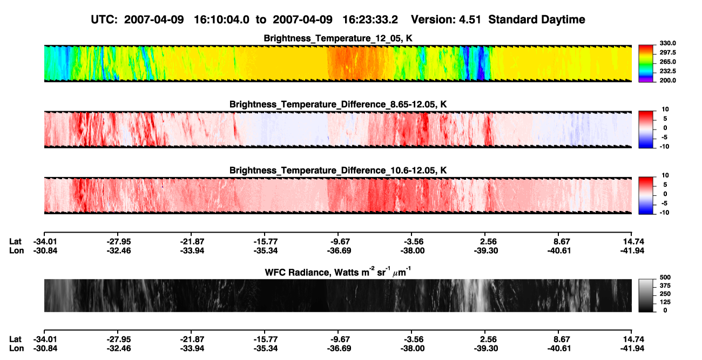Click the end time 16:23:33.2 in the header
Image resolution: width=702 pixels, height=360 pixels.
pos(370,20)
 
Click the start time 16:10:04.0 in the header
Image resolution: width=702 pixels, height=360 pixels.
pos(221,20)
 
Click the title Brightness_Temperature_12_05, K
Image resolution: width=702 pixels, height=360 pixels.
pos(338,38)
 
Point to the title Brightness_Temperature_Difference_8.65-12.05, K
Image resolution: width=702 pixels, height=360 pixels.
pos(338,104)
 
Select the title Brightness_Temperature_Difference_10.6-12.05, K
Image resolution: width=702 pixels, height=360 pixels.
pos(338,171)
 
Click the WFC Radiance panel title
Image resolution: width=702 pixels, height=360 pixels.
pos(338,271)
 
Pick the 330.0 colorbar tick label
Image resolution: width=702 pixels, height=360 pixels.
pos(667,43)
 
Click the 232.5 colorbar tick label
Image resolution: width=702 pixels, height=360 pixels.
pos(667,71)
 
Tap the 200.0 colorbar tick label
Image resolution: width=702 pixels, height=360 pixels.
pos(667,80)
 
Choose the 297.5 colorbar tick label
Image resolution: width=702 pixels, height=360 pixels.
pos(667,53)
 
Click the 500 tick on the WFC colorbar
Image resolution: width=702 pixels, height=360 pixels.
pos(665,277)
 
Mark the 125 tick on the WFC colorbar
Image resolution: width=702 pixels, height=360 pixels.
pos(665,302)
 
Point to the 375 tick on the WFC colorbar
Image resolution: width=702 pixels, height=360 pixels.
pos(665,286)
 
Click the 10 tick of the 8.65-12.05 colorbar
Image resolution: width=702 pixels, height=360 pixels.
pos(665,110)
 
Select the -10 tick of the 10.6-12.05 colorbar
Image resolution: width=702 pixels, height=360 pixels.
pos(664,213)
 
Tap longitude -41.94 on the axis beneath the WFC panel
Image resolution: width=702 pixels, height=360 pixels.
pos(632,349)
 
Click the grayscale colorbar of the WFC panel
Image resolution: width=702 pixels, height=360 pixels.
pos(646,295)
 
